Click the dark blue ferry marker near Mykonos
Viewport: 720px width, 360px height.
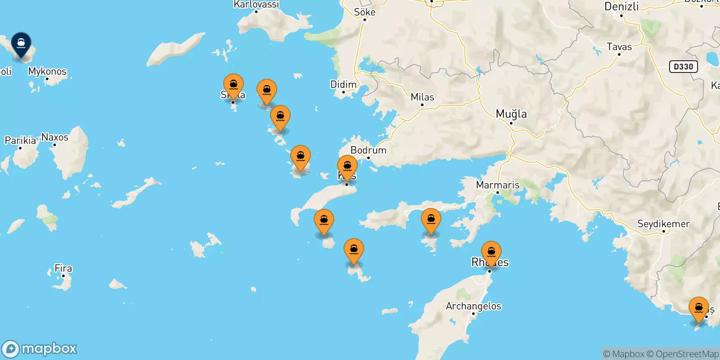21,44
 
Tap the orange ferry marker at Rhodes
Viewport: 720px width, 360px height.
491,252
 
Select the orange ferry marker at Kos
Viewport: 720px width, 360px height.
347,167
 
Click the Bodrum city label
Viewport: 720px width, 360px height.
368,150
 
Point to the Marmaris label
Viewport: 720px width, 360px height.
498,185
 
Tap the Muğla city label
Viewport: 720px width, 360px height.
511,114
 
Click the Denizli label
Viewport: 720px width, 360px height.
621,7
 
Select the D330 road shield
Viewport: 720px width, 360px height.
683,67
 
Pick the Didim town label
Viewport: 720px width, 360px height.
343,85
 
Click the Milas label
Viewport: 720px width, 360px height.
422,97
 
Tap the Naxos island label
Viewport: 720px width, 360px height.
55,137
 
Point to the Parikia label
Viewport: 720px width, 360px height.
20,140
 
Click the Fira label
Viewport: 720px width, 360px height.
63,269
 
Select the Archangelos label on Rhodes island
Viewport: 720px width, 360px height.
473,306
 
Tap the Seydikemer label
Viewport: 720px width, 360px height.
663,224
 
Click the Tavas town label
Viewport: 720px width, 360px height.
619,47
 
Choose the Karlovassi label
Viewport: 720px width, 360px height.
256,4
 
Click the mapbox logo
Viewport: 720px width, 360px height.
40,349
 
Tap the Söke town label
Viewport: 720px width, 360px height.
364,12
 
